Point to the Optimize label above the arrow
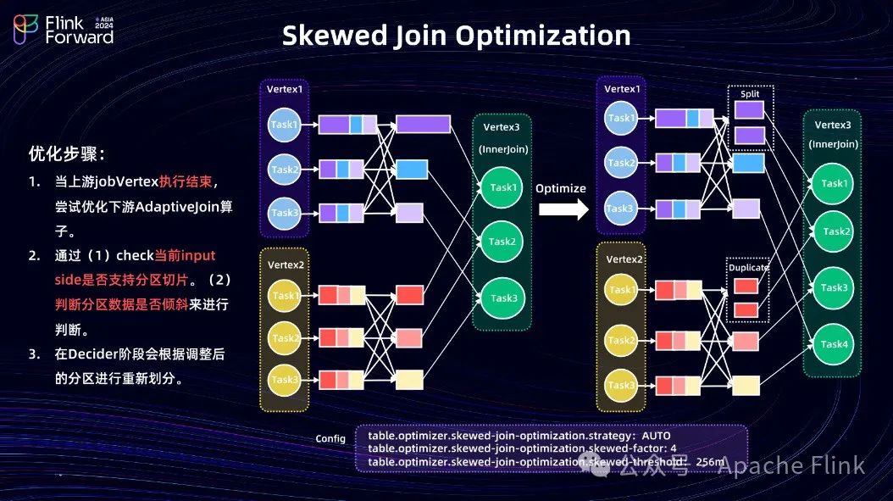pyautogui.click(x=561, y=188)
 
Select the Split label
pyautogui.click(x=750, y=94)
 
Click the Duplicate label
pyautogui.click(x=748, y=268)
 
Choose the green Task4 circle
pyautogui.click(x=834, y=344)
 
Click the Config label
pyautogui.click(x=330, y=438)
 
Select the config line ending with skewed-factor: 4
pyautogui.click(x=522, y=448)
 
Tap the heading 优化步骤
pyautogui.click(x=67, y=154)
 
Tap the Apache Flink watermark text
pyautogui.click(x=791, y=465)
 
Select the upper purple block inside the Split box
pyautogui.click(x=750, y=110)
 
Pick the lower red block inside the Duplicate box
pyautogui.click(x=746, y=310)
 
